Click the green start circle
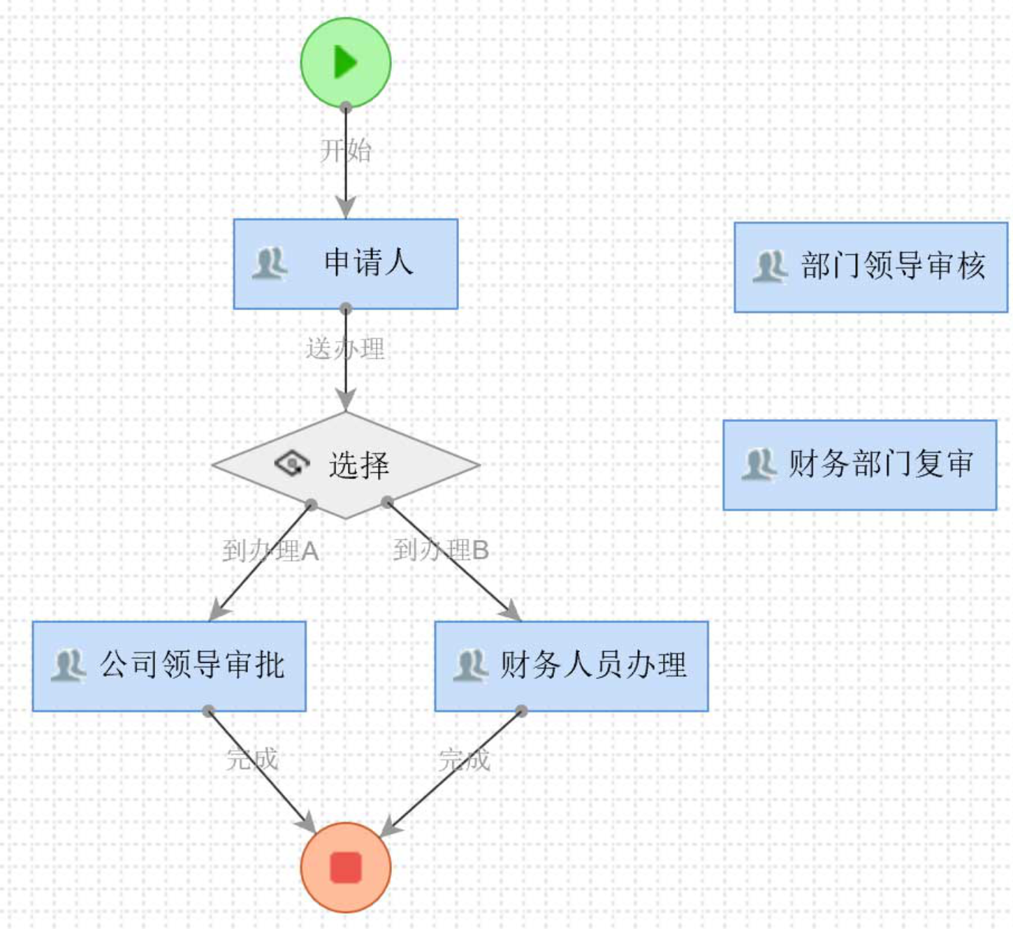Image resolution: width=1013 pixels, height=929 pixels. pyautogui.click(x=346, y=63)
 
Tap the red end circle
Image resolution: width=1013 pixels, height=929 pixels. pyautogui.click(x=346, y=867)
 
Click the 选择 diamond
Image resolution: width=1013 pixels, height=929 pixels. pyautogui.click(x=346, y=464)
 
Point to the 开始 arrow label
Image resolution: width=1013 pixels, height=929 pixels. pyautogui.click(x=346, y=150)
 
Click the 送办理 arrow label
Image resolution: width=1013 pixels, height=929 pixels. pyautogui.click(x=345, y=349)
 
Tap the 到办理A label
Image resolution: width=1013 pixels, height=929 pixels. pyautogui.click(x=270, y=551)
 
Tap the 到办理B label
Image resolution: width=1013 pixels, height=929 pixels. pyautogui.click(x=441, y=550)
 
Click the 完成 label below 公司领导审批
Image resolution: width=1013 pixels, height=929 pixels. pyautogui.click(x=252, y=759)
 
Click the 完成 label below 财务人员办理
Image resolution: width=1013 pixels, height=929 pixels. pyautogui.click(x=465, y=759)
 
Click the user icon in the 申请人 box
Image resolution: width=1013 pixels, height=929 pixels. pyautogui.click(x=270, y=264)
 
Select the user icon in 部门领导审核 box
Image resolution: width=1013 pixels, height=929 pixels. pyautogui.click(x=770, y=267)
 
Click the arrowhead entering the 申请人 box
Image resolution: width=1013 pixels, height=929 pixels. pyautogui.click(x=346, y=208)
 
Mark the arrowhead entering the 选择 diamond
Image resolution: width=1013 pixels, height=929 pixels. pyautogui.click(x=346, y=401)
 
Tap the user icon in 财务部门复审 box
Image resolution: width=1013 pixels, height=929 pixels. pyautogui.click(x=759, y=464)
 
